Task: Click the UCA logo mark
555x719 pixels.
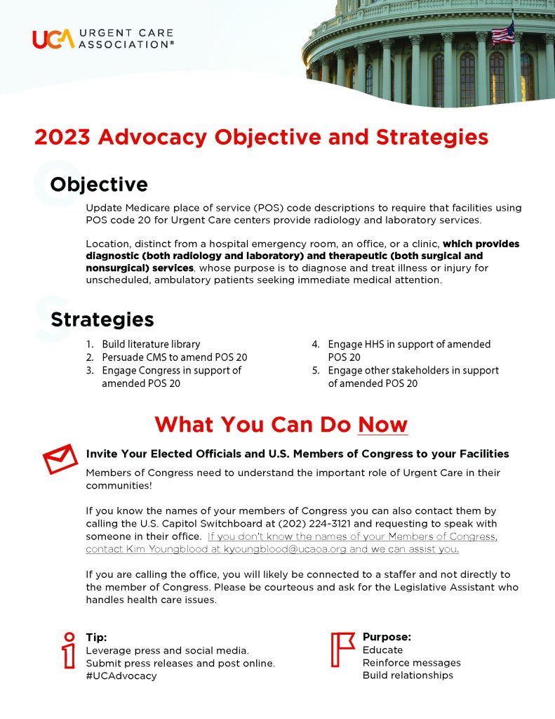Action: coord(53,39)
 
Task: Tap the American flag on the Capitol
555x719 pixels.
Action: coord(502,32)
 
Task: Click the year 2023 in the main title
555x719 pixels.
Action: coord(62,136)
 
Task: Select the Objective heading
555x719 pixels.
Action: coord(99,185)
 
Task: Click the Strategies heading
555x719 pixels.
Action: coord(102,319)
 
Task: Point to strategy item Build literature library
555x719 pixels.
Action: coord(151,344)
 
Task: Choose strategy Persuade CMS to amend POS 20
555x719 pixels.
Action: coord(174,357)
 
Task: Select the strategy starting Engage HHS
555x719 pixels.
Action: coord(409,344)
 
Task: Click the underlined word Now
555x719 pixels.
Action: coord(382,425)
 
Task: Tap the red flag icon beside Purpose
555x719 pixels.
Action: coord(342,649)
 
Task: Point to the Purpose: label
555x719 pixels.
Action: coord(387,637)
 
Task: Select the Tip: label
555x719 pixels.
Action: coord(96,638)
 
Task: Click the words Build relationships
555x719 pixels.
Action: coord(408,675)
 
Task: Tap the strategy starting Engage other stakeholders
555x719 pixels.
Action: coord(413,370)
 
